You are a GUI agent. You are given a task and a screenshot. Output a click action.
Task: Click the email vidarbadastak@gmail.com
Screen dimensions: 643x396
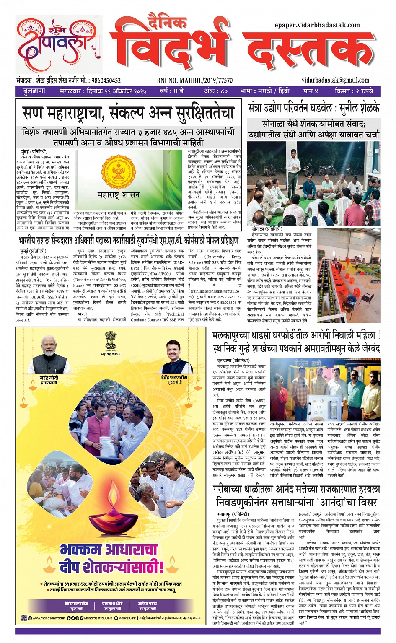click(x=335, y=80)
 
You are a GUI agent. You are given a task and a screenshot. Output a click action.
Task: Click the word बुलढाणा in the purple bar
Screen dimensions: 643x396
click(x=34, y=91)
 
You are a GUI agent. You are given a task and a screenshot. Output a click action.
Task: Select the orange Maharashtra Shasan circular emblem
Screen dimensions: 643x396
click(x=119, y=171)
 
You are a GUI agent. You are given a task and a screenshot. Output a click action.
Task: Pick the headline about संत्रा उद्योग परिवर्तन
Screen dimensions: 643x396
click(x=313, y=108)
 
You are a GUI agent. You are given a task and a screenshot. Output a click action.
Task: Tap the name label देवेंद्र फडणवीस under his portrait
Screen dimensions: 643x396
click(x=174, y=378)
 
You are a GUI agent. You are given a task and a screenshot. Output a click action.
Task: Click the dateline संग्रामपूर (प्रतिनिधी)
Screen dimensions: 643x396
click(x=233, y=514)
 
